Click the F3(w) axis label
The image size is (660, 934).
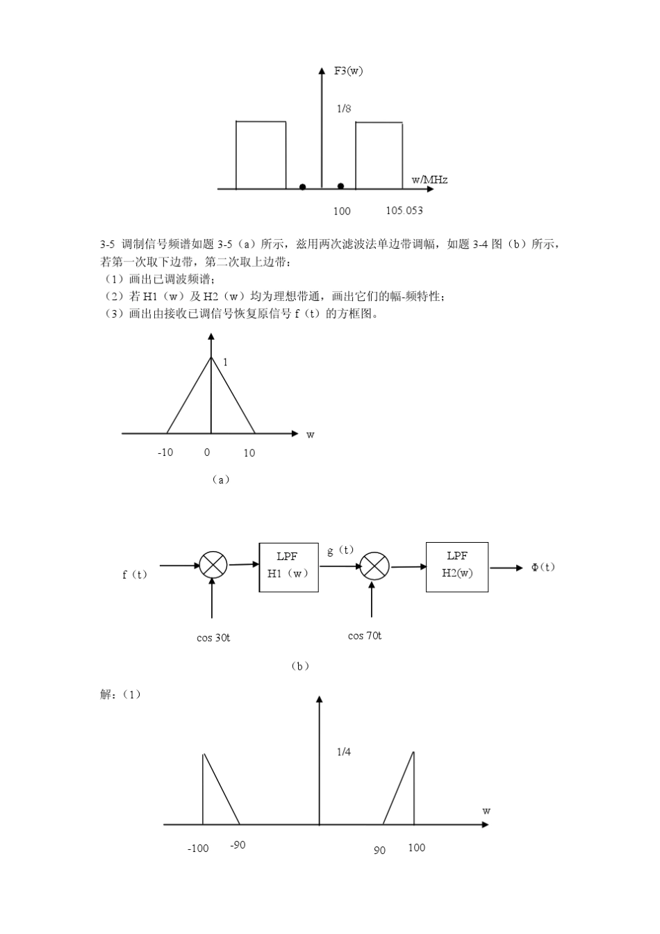348,71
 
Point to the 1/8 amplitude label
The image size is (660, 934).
343,108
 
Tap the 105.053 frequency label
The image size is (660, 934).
404,211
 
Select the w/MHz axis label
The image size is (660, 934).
429,180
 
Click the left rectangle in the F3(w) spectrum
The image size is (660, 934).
261,155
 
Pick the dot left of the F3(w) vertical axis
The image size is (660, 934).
302,187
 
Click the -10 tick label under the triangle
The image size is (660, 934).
165,452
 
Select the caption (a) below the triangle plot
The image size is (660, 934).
220,480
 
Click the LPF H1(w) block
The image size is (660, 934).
288,567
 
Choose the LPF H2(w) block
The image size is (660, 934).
457,566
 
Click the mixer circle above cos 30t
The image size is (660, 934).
213,565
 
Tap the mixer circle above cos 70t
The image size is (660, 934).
375,566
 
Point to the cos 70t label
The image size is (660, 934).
364,636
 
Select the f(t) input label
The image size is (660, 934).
135,575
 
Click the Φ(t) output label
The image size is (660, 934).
543,567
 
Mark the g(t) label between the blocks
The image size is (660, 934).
340,550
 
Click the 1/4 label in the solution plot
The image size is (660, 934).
343,752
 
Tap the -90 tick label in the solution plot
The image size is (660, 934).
238,845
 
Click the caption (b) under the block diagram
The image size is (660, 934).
299,666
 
